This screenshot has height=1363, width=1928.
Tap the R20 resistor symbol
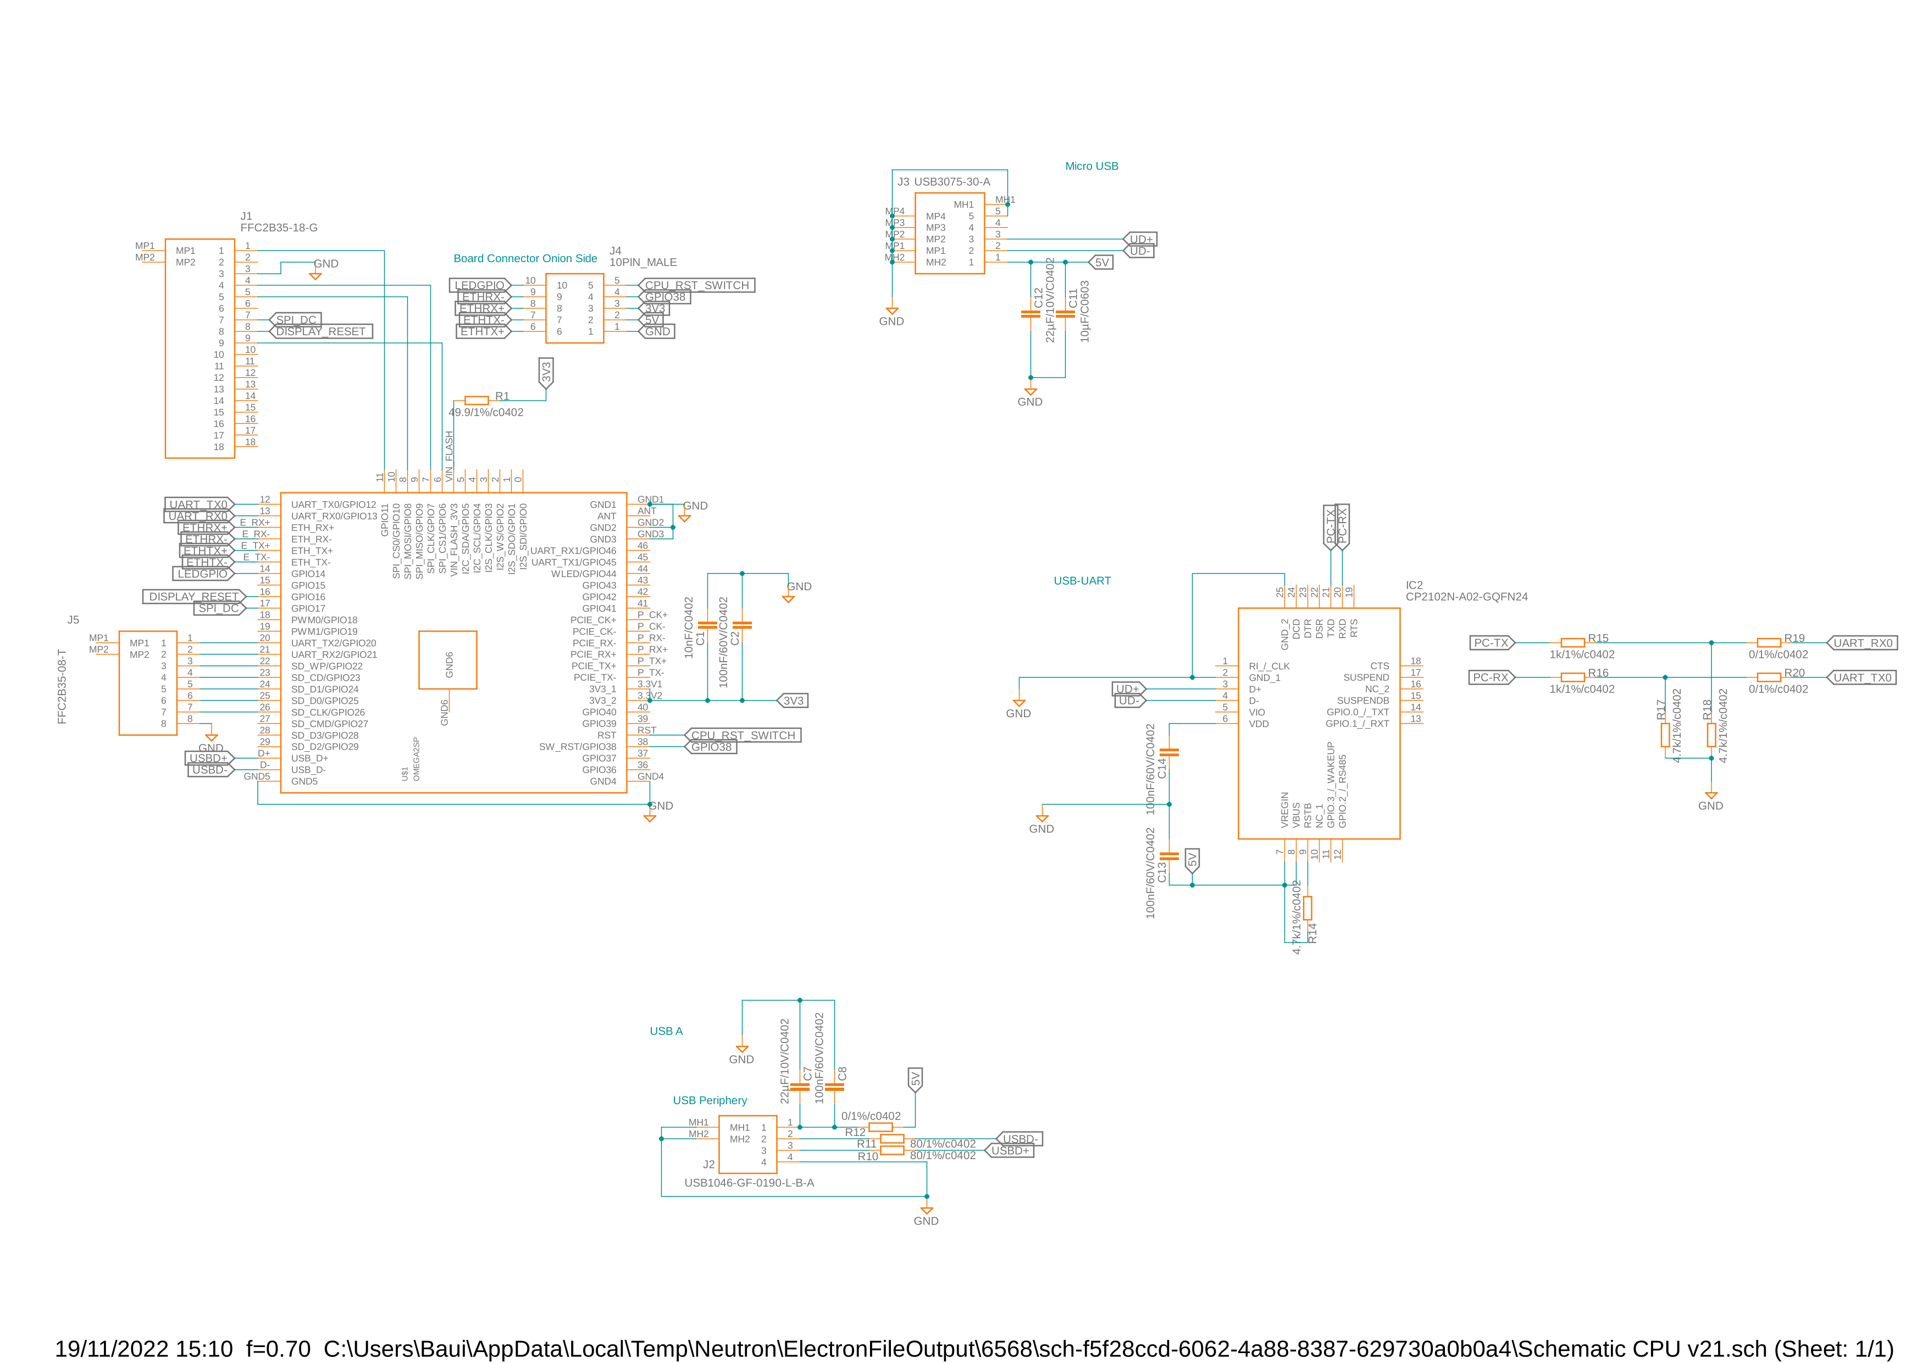(1769, 678)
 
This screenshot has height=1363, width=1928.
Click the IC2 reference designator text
(1414, 585)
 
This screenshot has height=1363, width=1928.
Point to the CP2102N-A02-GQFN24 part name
(1466, 597)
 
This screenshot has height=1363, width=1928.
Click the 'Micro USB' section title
(1091, 167)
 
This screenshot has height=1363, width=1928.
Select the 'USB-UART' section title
(1082, 581)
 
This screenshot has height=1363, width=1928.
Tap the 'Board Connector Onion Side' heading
(525, 259)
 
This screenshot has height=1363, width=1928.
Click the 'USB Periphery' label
(710, 1100)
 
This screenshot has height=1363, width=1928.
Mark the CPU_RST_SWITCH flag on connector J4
(696, 286)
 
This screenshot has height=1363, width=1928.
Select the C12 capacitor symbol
(1031, 314)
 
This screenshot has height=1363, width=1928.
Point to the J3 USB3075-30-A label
(943, 181)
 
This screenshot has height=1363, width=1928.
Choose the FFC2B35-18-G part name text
(279, 228)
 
